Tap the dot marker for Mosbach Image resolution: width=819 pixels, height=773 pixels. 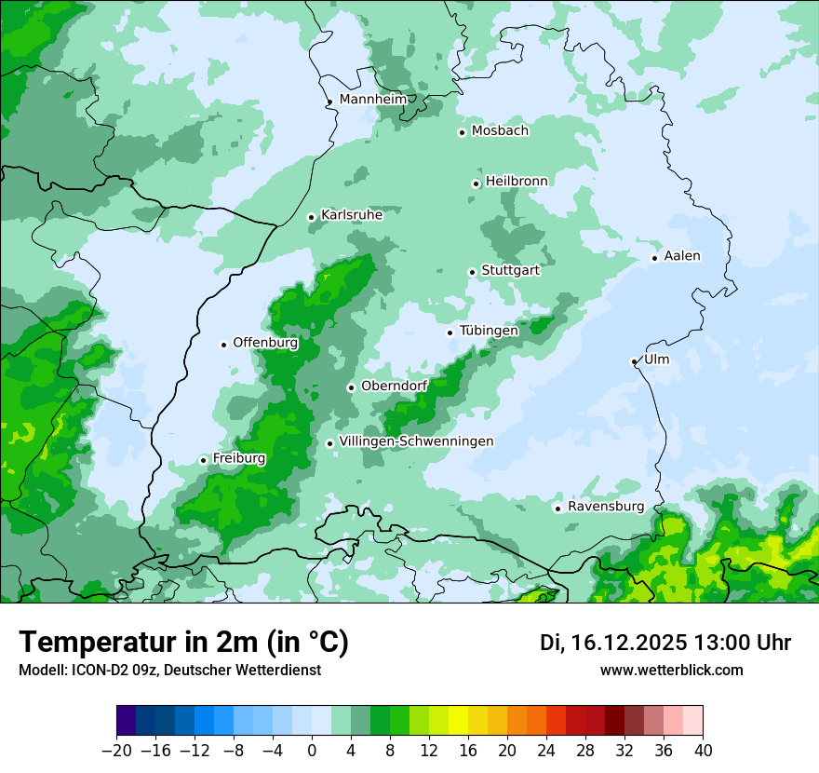462,132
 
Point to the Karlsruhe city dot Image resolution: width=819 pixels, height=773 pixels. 312,218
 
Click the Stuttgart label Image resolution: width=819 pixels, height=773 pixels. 510,270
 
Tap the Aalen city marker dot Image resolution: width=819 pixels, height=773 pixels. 654,258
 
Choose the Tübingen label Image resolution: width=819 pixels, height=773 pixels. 489,330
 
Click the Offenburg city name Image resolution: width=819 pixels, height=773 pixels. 265,342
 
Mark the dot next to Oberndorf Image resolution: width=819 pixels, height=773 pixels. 351,387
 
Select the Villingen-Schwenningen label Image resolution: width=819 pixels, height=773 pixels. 416,441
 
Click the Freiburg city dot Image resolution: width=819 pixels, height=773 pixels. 203,460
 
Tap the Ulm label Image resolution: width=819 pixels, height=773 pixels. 656,359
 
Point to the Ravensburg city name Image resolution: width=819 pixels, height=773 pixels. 606,506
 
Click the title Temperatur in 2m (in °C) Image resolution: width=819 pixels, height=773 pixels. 183,642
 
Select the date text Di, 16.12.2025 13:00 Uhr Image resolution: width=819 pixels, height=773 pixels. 665,643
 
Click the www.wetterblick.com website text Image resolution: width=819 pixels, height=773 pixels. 671,670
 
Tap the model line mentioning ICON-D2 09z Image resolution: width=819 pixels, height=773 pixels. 169,670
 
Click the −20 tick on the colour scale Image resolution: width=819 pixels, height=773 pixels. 116,750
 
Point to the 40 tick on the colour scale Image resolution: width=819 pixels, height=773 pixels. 703,750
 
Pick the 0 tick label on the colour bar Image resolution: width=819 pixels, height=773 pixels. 312,750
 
